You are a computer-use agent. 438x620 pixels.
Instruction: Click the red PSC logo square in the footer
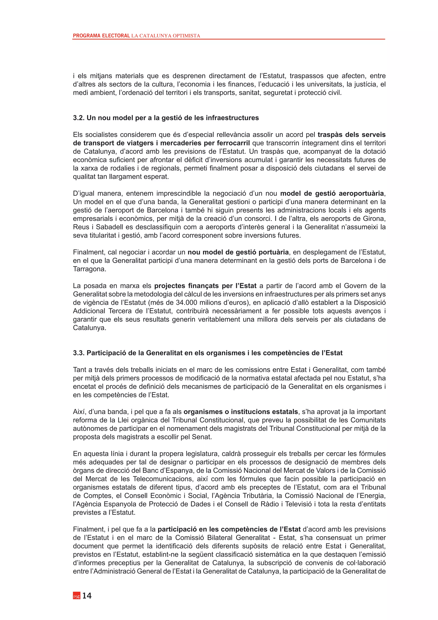[x=77, y=596]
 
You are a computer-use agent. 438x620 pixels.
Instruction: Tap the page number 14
[x=87, y=595]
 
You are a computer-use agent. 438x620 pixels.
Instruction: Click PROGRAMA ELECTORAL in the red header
[x=101, y=36]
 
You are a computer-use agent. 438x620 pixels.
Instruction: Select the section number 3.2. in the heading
[x=79, y=118]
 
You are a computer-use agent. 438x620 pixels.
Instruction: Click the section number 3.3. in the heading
[x=79, y=353]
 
